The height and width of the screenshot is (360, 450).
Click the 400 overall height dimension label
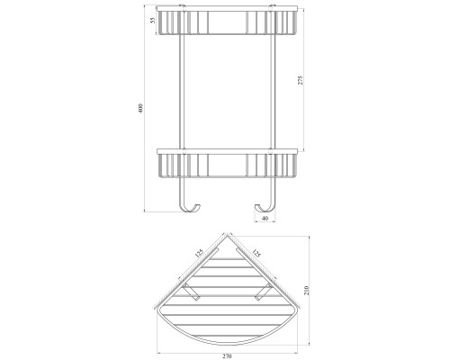(141, 108)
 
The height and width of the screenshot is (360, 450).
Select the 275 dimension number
(301, 80)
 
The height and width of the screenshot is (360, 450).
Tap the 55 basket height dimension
(153, 21)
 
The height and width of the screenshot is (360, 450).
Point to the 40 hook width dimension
(265, 219)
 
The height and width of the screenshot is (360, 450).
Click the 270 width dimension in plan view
(227, 356)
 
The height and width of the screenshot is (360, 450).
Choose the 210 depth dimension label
(306, 291)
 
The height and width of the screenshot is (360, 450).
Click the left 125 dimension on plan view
(199, 254)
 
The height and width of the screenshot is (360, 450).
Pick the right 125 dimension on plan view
(256, 253)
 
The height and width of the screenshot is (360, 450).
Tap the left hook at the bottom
(190, 209)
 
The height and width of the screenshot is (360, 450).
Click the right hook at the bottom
(265, 209)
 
